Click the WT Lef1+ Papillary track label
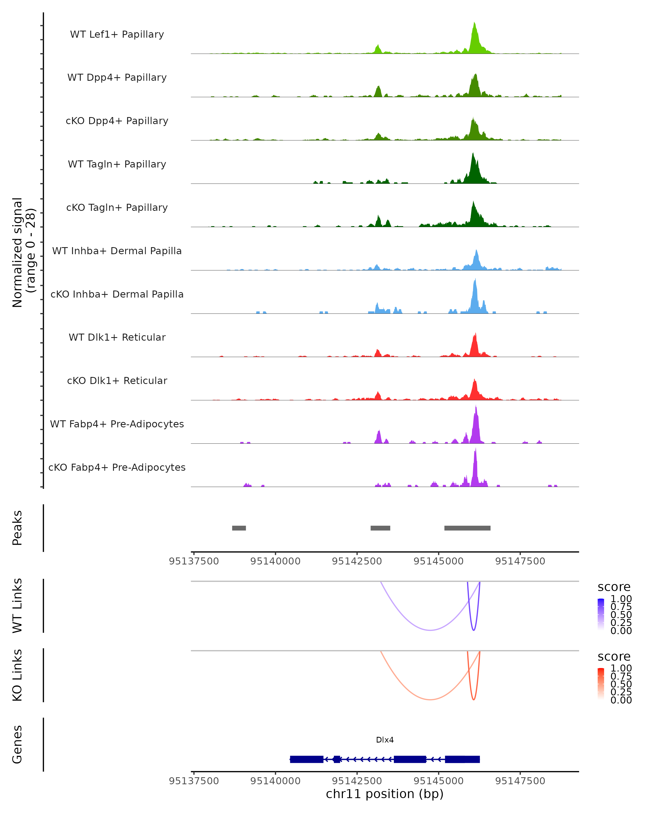pos(117,34)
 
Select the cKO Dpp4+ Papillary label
pos(117,121)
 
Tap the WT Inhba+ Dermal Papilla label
pos(117,251)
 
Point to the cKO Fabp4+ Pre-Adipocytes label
pos(117,467)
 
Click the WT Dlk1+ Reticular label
pos(117,337)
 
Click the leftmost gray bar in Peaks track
pos(239,528)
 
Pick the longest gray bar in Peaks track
pos(467,528)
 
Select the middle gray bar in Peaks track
pos(380,528)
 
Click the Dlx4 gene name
pos(385,740)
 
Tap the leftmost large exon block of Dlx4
pos(307,759)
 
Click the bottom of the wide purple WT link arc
pos(430,630)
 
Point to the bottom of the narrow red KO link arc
pos(474,699)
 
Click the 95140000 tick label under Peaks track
pos(276,562)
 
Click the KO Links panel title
pos(17,675)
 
